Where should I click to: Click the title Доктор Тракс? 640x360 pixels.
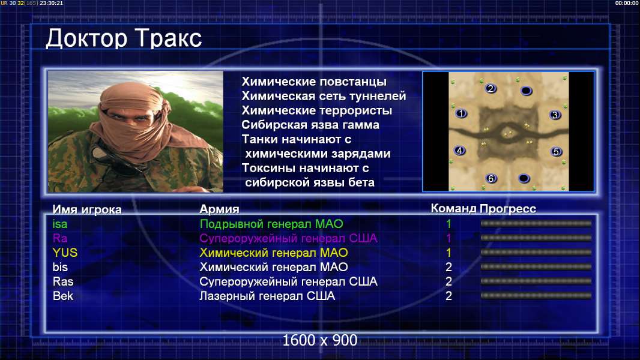124,39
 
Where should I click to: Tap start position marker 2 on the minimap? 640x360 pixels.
491,88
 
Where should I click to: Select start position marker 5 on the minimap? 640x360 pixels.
556,152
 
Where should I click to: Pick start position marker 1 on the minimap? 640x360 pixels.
461,114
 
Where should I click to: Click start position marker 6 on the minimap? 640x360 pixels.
491,179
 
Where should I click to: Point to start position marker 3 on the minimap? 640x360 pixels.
555,115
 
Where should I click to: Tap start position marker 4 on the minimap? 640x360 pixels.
460,151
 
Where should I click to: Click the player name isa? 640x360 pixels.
60,224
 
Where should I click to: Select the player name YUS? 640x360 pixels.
65,253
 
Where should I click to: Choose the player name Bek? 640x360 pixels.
63,296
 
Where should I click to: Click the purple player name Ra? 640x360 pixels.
59,238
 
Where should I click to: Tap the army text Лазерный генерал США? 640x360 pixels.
267,296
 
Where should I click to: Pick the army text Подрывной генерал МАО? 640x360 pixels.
271,224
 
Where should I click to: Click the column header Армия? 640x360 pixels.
219,209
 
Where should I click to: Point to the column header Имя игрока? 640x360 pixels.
87,209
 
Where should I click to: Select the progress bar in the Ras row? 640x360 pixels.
536,281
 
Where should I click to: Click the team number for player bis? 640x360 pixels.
448,267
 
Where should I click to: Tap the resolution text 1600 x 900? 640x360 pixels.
319,340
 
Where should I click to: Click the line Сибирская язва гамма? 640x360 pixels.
310,125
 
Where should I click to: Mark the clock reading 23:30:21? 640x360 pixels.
52,3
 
